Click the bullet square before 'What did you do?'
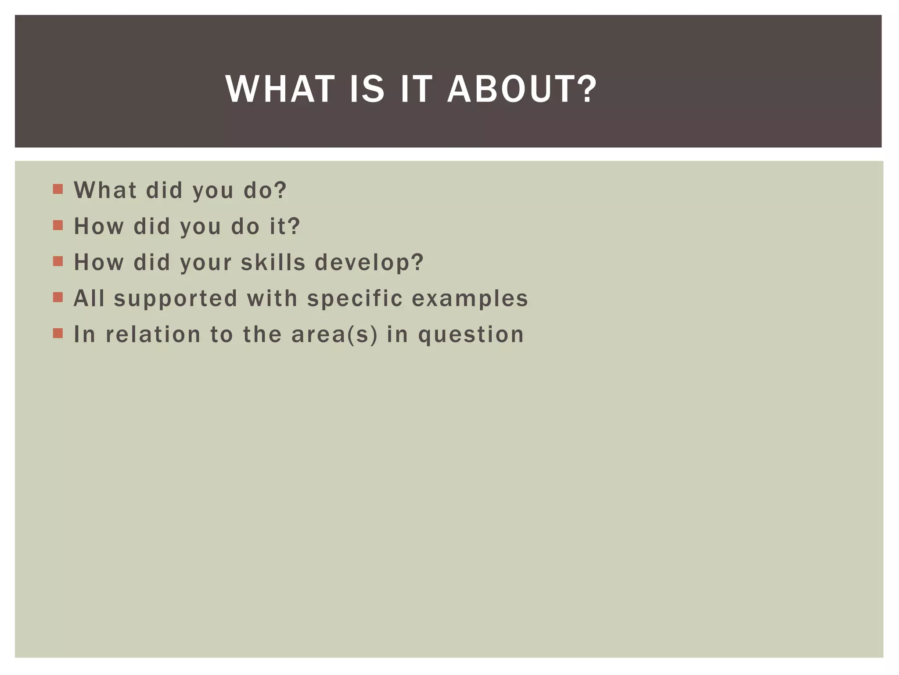point(58,189)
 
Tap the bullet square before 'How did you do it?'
point(58,225)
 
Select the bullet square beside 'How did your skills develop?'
point(58,261)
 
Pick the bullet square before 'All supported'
point(58,298)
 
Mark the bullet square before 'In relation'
point(58,334)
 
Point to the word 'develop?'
point(369,263)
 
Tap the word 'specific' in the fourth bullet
point(355,299)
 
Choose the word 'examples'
point(470,299)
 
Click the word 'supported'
point(176,299)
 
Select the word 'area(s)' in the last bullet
point(334,334)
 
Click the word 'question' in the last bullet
point(471,335)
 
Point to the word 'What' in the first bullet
point(105,190)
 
